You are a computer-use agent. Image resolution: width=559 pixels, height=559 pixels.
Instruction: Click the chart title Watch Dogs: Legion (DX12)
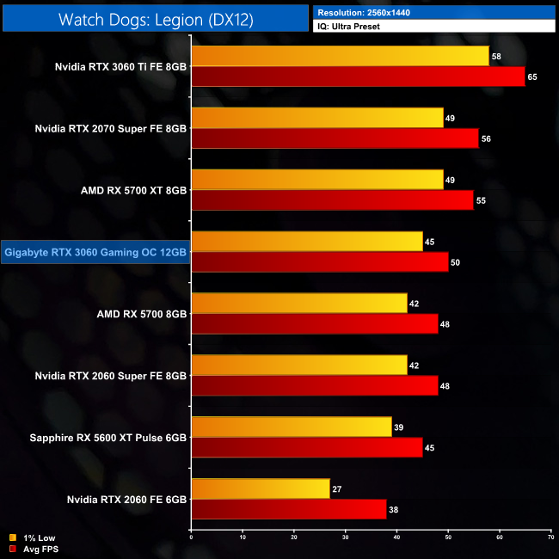[x=156, y=19]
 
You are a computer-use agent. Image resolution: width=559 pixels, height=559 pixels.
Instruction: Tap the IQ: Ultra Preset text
[x=353, y=27]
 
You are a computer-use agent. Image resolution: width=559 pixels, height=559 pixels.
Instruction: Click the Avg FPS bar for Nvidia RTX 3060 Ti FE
[x=358, y=77]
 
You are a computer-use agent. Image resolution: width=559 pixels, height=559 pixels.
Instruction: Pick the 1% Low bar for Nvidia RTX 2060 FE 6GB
[x=261, y=488]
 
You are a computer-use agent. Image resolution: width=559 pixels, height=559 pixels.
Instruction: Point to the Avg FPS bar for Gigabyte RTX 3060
[x=319, y=262]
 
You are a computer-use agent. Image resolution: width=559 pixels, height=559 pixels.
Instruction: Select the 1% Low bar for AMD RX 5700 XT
[x=317, y=179]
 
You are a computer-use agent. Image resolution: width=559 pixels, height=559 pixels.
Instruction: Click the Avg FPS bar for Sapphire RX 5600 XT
[x=307, y=448]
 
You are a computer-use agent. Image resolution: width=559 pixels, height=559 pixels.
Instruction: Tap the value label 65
[x=532, y=77]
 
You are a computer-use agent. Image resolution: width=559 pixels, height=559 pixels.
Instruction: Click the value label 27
[x=337, y=489]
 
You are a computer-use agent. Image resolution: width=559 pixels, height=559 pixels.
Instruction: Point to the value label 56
[x=486, y=139]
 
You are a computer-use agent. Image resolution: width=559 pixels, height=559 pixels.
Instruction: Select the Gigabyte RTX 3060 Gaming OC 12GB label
[x=95, y=252]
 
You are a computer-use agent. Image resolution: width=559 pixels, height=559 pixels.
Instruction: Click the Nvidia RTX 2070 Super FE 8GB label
[x=110, y=128]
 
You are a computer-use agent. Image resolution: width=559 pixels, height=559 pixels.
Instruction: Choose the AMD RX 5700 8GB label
[x=142, y=314]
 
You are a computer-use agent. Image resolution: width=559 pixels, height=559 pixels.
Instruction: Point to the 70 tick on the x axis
[x=550, y=537]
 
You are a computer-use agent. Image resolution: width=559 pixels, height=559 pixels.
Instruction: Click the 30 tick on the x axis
[x=346, y=537]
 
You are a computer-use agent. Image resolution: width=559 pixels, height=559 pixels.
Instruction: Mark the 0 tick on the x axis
[x=192, y=537]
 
